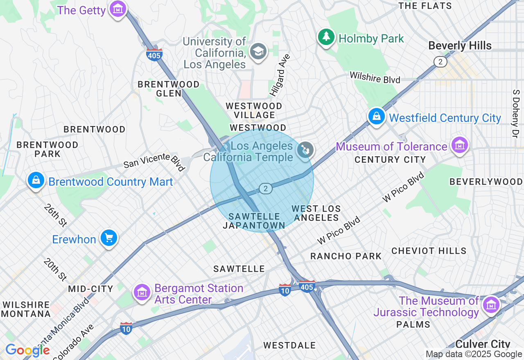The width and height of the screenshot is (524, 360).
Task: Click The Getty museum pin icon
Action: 117,9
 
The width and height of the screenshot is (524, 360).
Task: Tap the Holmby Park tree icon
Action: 326,37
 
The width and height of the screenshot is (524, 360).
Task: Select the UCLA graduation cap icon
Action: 258,52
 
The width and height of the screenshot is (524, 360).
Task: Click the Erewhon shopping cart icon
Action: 108,238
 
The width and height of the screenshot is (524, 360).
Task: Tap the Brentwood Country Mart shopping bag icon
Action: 36,180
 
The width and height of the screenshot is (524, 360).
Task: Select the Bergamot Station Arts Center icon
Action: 142,292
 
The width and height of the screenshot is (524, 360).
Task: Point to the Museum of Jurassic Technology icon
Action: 491,305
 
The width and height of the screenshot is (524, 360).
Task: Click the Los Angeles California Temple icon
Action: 305,150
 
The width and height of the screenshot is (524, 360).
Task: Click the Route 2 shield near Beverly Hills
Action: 440,62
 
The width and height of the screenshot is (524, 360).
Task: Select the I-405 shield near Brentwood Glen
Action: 154,55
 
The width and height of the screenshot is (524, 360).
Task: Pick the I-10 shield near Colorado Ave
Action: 126,328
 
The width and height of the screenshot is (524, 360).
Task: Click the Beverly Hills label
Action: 460,45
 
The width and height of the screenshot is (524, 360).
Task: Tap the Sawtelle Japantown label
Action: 254,221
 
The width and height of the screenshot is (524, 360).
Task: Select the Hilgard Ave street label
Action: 280,75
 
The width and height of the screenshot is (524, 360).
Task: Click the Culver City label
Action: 482,344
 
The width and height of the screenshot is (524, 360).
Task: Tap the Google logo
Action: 27,350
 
